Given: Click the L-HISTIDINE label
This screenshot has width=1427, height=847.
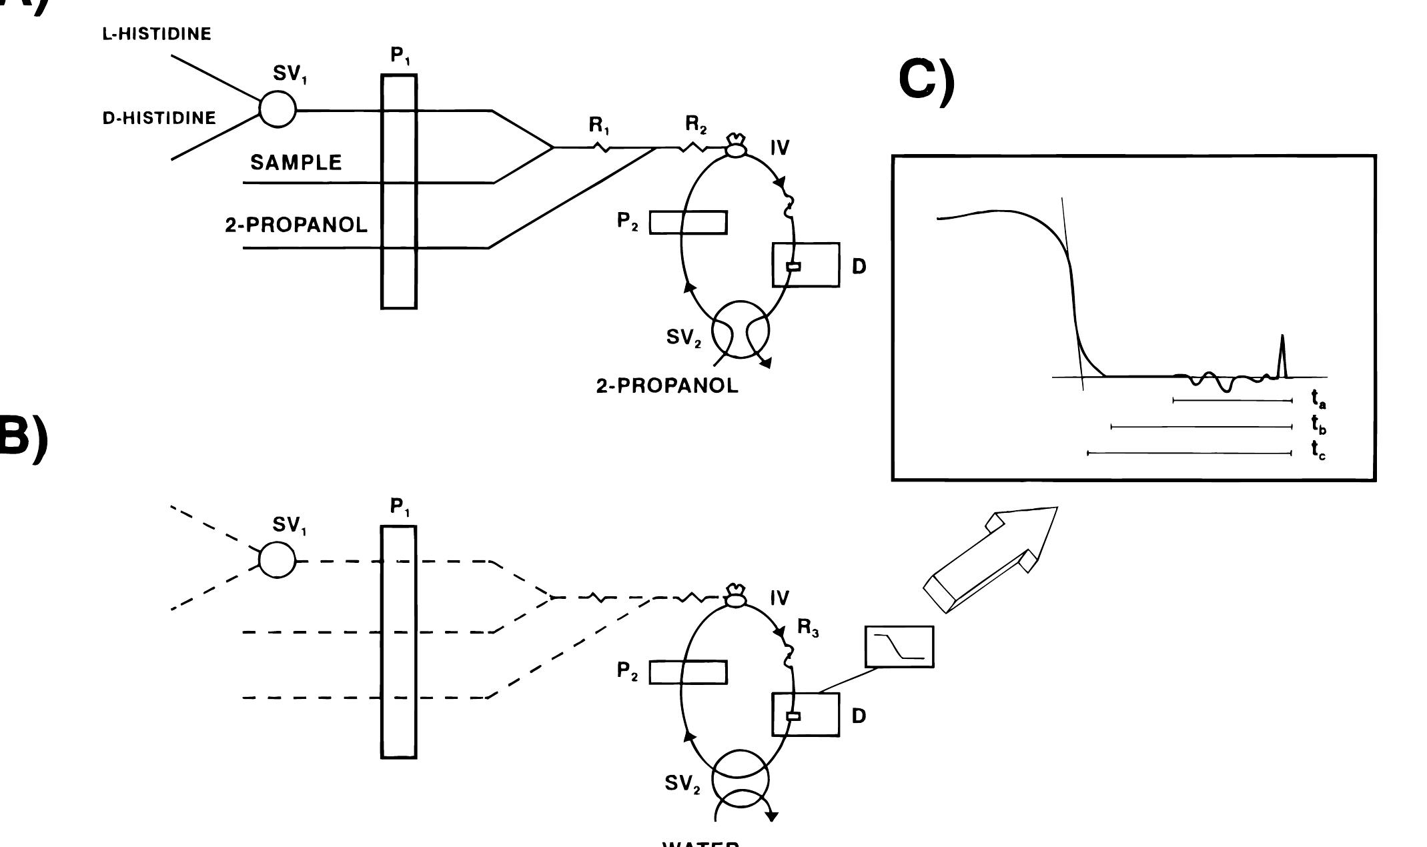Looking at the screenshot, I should click(157, 35).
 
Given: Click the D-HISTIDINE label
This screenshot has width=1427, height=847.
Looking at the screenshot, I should click(159, 119).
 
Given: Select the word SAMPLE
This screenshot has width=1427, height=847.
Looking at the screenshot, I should click(296, 163).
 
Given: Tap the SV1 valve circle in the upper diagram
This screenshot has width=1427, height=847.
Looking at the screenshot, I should click(277, 109).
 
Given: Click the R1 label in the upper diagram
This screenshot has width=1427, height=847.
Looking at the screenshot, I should click(598, 125).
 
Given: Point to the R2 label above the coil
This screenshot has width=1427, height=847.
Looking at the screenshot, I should click(696, 124).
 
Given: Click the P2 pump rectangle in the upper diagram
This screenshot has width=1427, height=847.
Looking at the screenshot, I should click(688, 222).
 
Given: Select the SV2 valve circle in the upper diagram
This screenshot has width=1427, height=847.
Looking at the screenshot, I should click(741, 329).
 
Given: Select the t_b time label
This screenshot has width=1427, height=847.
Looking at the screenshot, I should click(1318, 425).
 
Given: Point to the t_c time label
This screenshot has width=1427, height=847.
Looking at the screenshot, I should click(1318, 450).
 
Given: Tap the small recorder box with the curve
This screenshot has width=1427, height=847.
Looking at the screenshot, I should click(899, 646).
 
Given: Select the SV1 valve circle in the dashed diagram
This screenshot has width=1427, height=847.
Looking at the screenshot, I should click(276, 560).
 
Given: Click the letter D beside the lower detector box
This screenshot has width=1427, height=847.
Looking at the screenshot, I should click(859, 716).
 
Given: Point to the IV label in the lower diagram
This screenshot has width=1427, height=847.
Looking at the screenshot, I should click(779, 598).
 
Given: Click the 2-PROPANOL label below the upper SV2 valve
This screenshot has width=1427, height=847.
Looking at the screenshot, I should click(667, 386).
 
